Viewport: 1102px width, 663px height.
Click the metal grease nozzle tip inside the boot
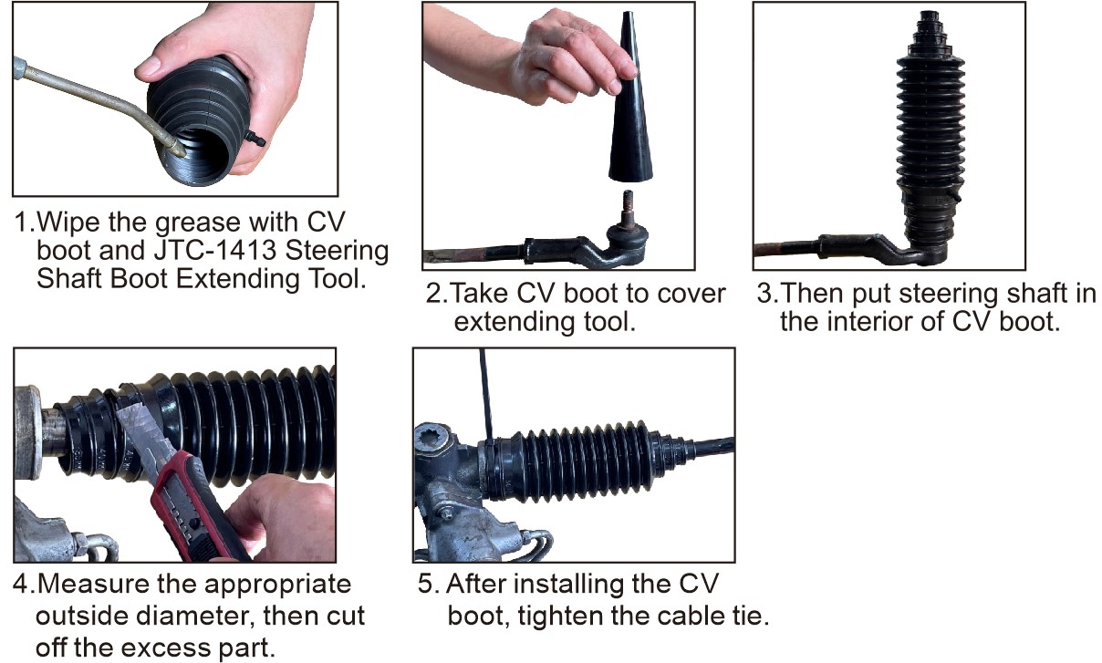click(176, 148)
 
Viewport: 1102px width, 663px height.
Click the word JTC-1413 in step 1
click(215, 251)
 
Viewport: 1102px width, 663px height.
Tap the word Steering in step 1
click(337, 252)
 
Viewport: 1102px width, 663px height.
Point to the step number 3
click(765, 294)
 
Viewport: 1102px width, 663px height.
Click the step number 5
click(425, 585)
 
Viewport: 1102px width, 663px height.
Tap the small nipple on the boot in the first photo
click(256, 139)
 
